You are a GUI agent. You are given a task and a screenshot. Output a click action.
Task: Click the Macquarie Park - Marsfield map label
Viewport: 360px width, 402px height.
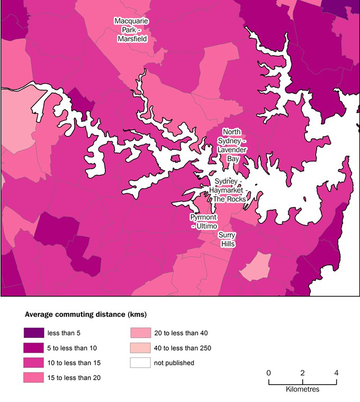[x=131, y=30]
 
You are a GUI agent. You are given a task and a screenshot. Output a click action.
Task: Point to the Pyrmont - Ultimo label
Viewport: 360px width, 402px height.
[x=201, y=222]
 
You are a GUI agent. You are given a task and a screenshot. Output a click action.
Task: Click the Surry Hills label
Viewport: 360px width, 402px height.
[x=227, y=239]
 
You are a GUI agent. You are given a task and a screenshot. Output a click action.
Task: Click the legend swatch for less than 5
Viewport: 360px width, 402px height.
[x=33, y=333]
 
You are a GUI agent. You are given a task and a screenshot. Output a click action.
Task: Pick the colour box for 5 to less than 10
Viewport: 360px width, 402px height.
[x=33, y=348]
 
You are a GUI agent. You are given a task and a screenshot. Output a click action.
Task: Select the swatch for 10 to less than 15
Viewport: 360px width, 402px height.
[x=33, y=363]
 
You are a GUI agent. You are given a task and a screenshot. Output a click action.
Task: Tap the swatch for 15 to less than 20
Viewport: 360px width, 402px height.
[x=33, y=378]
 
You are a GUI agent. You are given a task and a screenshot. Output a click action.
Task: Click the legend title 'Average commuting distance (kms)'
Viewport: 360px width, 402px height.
[x=85, y=315]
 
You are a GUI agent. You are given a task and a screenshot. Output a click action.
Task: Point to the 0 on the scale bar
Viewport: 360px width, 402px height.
[x=269, y=372]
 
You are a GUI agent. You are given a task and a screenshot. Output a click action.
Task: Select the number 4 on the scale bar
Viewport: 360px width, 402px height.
[x=336, y=372]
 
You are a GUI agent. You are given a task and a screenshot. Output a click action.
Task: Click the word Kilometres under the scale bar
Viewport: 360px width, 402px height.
[x=302, y=389]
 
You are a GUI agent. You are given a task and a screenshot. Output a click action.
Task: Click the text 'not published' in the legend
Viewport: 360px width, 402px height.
[x=174, y=363]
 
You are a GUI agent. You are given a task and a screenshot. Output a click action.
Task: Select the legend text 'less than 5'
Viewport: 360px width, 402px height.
[x=64, y=333]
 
